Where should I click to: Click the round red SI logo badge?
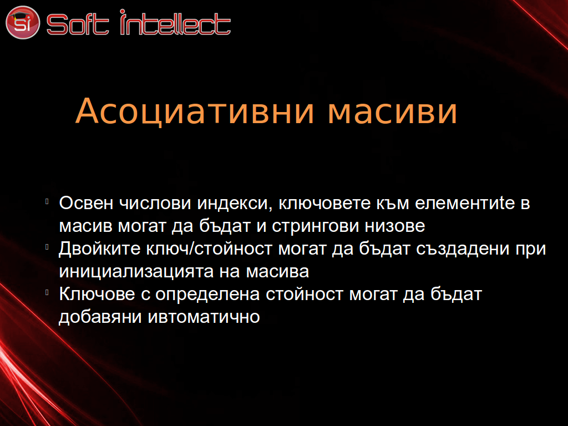coord(23,22)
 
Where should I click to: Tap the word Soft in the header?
coord(78,24)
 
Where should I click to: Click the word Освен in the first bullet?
coord(86,203)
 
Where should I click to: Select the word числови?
coord(155,203)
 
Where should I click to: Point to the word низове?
coord(395,226)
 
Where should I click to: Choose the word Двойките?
coord(100,249)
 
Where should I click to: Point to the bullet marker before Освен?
coord(47,201)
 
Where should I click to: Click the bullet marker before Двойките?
coord(47,247)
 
